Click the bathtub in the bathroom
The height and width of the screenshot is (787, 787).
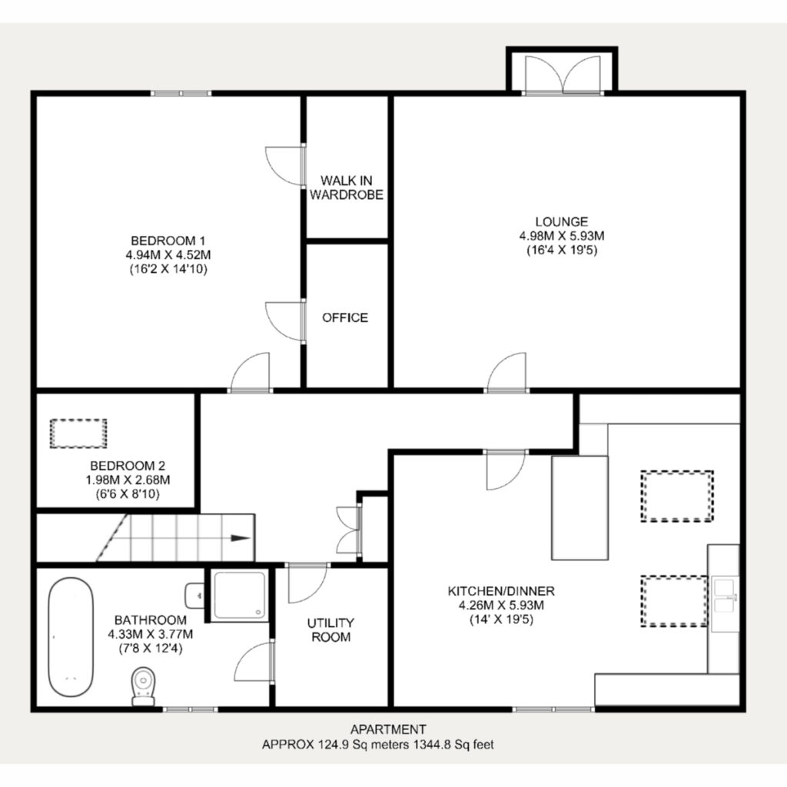(x=71, y=637)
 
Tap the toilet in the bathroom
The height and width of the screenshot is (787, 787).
(x=143, y=686)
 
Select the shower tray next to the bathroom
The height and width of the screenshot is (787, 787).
(x=240, y=596)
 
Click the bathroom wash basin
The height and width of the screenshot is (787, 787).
(x=194, y=596)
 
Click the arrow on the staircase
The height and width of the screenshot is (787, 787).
(x=240, y=538)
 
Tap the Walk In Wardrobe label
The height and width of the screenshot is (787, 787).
(x=347, y=188)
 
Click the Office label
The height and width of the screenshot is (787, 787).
(x=345, y=317)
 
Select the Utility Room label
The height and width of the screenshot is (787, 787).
(x=330, y=630)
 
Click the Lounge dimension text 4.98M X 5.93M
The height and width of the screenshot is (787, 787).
(x=562, y=235)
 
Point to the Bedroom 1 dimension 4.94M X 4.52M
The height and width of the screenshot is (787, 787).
(x=168, y=254)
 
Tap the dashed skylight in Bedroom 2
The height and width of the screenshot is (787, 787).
(x=78, y=433)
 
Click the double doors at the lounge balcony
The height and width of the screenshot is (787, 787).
(x=563, y=75)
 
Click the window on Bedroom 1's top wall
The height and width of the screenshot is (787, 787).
(x=181, y=93)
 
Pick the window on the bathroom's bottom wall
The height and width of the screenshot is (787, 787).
(x=191, y=709)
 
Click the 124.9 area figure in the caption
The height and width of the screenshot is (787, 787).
(x=334, y=744)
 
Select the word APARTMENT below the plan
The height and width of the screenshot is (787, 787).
(x=388, y=729)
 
